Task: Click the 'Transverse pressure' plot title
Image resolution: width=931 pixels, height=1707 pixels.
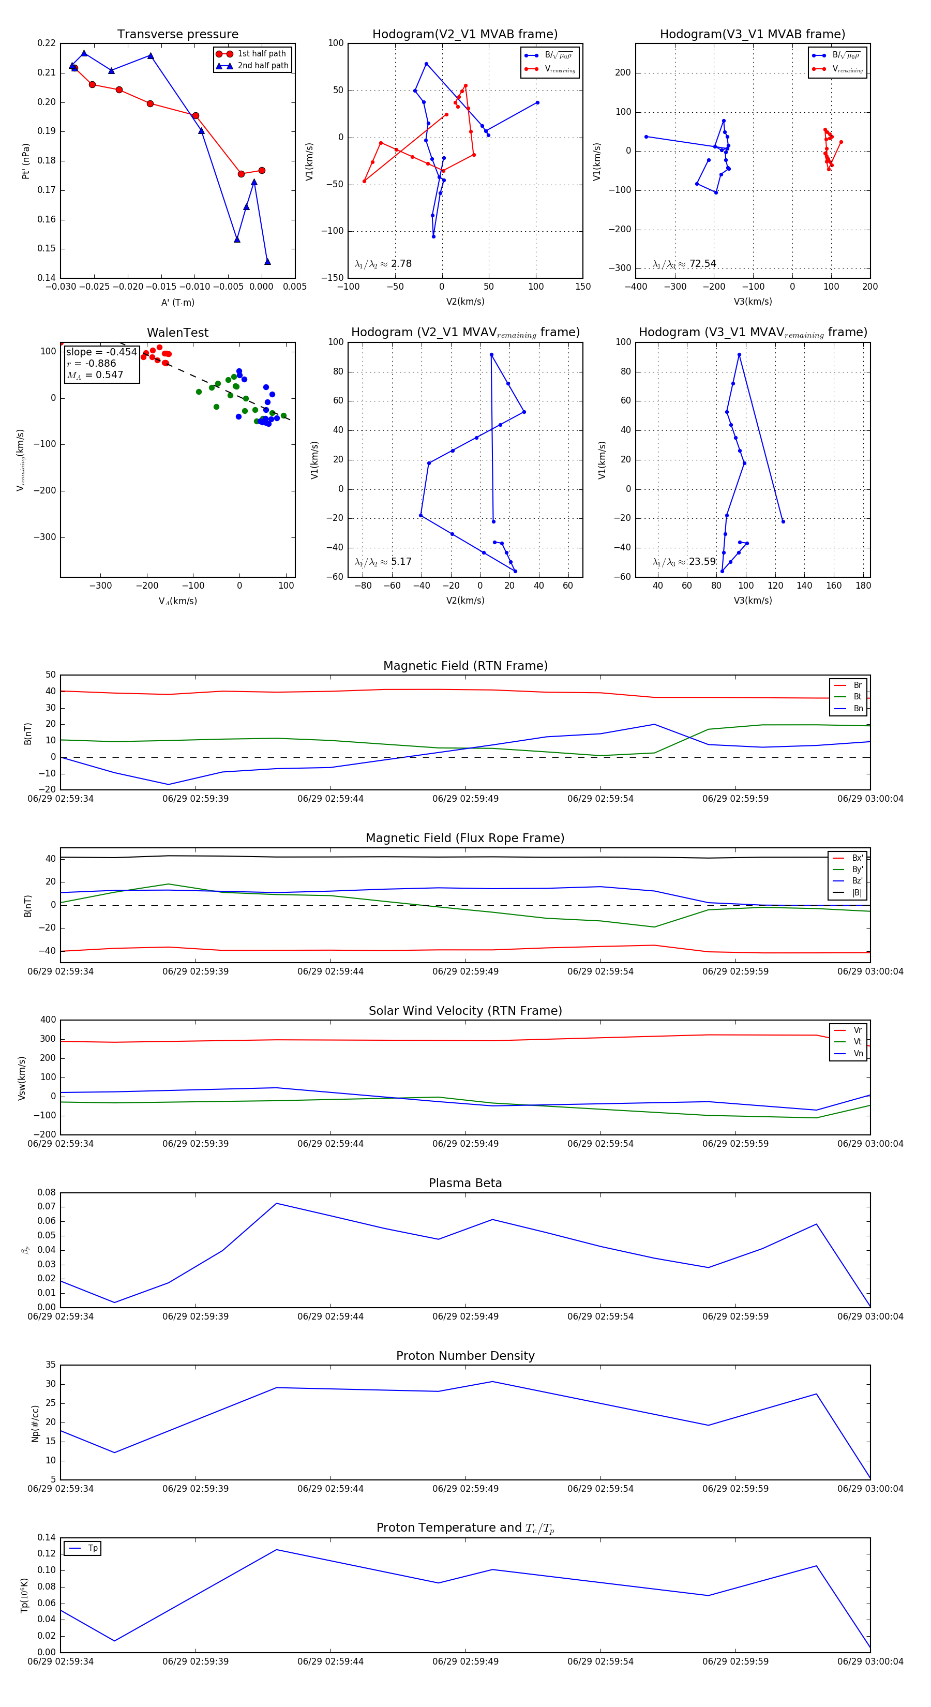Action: [177, 35]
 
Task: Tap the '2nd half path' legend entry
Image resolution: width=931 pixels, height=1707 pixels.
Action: [262, 66]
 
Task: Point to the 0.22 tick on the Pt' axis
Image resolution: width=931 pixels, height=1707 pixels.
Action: [47, 43]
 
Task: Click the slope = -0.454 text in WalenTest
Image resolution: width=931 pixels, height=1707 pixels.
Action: [101, 352]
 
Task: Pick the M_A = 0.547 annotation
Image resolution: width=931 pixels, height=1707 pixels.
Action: [95, 375]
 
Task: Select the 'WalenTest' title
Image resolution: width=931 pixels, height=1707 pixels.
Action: [177, 333]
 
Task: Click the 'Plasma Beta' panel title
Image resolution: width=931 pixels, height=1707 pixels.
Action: [465, 1184]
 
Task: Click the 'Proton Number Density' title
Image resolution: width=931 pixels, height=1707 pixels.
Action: [465, 1356]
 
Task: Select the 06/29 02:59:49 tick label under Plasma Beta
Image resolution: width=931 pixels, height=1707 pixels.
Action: [465, 1316]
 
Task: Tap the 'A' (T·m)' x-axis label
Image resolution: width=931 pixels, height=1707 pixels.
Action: [177, 303]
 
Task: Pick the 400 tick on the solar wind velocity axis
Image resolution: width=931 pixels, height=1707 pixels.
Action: [48, 1020]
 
